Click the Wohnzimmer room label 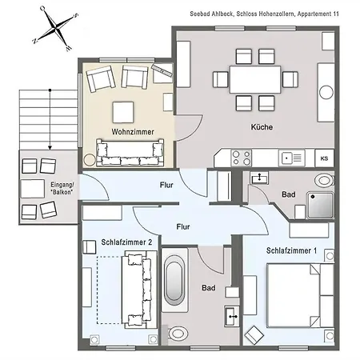pyautogui.click(x=133, y=132)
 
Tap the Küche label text pyautogui.click(x=262, y=127)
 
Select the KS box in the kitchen pyautogui.click(x=324, y=158)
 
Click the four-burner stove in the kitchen pyautogui.click(x=242, y=158)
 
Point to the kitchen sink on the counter pyautogui.click(x=291, y=158)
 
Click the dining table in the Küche pyautogui.click(x=255, y=79)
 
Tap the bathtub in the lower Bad pyautogui.click(x=174, y=280)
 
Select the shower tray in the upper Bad pyautogui.click(x=320, y=205)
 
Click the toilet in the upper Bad pyautogui.click(x=324, y=180)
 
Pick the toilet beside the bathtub pyautogui.click(x=178, y=334)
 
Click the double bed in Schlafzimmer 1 pyautogui.click(x=300, y=295)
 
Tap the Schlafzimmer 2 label pyautogui.click(x=126, y=242)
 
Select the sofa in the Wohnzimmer pyautogui.click(x=130, y=152)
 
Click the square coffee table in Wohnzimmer pyautogui.click(x=123, y=112)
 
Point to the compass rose pyautogui.click(x=55, y=28)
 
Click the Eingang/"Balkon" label pyautogui.click(x=62, y=188)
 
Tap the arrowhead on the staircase pyautogui.click(x=50, y=147)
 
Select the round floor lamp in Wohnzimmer pyautogui.click(x=90, y=160)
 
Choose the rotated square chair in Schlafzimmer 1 pyautogui.click(x=254, y=334)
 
